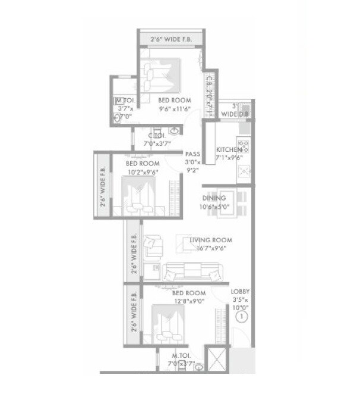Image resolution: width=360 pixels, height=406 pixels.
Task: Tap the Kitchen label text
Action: point(228,153)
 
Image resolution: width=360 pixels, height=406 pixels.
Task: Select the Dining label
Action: point(214,202)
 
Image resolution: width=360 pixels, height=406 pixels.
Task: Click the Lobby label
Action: point(241,300)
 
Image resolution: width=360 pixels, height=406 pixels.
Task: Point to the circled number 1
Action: point(241,318)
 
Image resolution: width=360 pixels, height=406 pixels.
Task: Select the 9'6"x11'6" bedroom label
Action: point(174,105)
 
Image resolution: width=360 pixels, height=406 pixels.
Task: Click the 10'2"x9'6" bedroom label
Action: point(142,168)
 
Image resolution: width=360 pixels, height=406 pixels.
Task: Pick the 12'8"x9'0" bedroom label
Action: point(189,297)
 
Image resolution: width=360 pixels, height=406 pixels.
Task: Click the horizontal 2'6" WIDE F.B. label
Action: point(172,39)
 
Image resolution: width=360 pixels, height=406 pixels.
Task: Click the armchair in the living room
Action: point(154,246)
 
